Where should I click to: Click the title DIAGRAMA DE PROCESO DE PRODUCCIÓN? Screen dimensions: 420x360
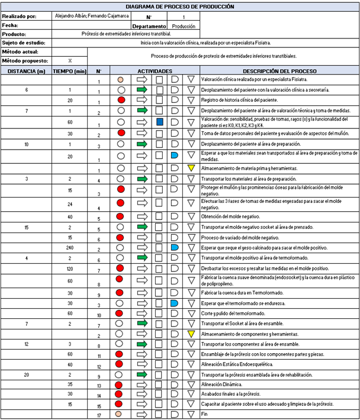tap(179, 7)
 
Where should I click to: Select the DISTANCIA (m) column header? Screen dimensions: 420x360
tap(25, 71)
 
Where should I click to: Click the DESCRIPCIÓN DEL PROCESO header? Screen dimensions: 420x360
tap(278, 71)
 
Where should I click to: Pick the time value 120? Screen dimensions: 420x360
tap(70, 269)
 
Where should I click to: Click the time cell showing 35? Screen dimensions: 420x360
tap(70, 384)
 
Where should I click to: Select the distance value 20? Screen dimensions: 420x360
tap(26, 374)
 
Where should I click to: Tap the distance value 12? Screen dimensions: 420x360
tap(26, 343)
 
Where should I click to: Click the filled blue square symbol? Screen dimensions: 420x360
tap(159, 121)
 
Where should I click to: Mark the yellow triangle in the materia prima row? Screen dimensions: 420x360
tap(191, 169)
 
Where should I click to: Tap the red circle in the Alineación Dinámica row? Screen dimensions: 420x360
tap(121, 384)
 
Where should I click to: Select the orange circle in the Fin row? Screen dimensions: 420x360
tap(121, 413)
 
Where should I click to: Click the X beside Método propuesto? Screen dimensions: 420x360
tap(70, 60)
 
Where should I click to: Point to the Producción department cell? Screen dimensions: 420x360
tap(184, 26)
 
